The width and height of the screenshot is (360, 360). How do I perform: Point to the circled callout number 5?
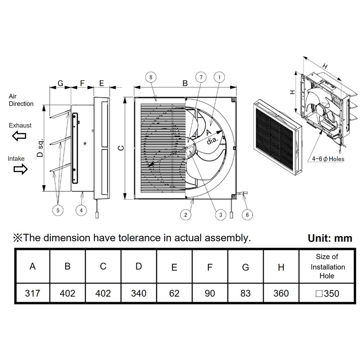click(x=58, y=209)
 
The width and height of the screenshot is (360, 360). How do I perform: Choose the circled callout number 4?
click(x=81, y=210)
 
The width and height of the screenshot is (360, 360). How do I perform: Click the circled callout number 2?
click(x=185, y=215)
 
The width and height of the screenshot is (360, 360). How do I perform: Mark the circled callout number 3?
click(x=220, y=215)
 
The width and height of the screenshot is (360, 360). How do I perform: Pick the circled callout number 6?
click(x=247, y=215)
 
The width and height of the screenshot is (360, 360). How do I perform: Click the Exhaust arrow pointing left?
click(x=19, y=136)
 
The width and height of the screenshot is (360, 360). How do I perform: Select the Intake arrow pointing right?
click(x=19, y=169)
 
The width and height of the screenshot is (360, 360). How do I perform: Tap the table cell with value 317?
click(x=32, y=294)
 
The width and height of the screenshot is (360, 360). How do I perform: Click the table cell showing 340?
click(x=139, y=294)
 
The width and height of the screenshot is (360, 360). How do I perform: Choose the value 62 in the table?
click(x=174, y=294)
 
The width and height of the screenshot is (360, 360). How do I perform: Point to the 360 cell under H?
click(x=281, y=294)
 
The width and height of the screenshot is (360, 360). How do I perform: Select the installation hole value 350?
click(x=327, y=294)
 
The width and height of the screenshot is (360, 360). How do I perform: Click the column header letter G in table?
click(x=246, y=267)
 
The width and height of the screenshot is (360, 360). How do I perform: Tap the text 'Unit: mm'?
click(x=330, y=238)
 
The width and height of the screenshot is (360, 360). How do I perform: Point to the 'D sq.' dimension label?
click(x=40, y=148)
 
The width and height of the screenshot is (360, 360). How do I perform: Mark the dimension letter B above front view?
click(x=185, y=83)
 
